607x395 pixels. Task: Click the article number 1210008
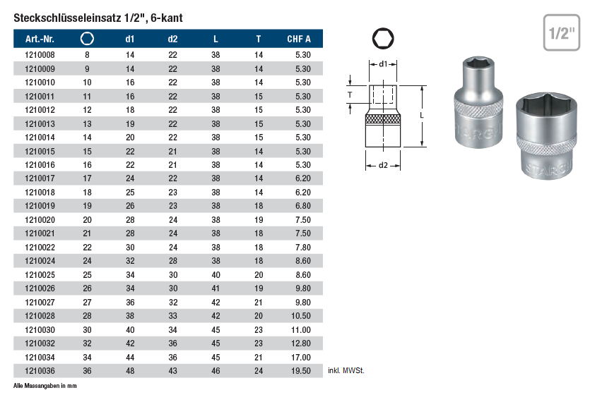[40, 55]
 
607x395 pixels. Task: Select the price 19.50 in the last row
[301, 371]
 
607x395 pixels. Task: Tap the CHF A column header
[299, 39]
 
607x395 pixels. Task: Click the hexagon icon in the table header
[87, 39]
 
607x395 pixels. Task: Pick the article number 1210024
[40, 261]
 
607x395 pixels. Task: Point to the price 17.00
[301, 358]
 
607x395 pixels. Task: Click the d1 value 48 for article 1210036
[130, 371]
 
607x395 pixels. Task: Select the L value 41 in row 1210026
[216, 288]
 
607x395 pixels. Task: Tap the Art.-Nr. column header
[40, 39]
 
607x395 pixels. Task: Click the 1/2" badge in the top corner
[562, 33]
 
